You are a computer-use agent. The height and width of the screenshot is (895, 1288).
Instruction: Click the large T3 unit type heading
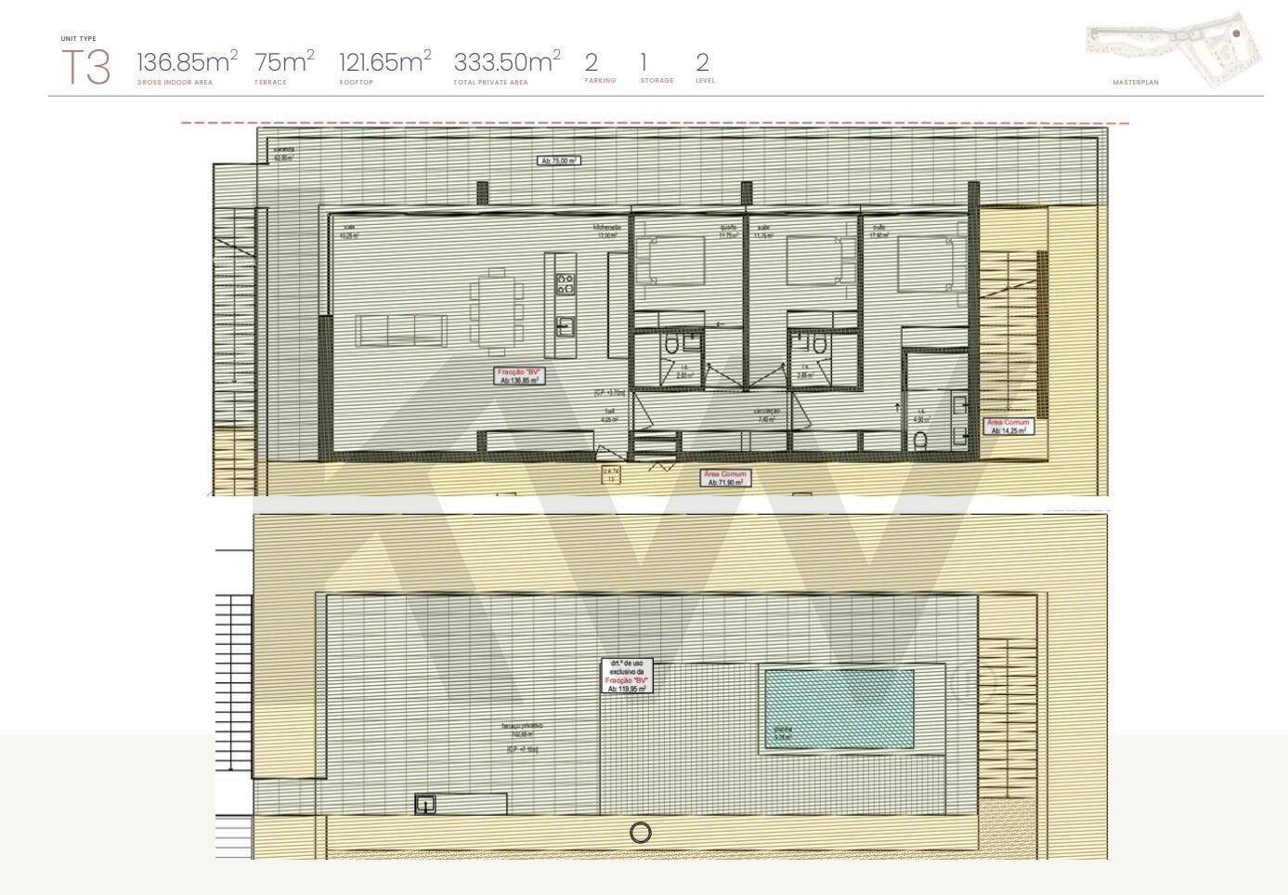click(x=85, y=68)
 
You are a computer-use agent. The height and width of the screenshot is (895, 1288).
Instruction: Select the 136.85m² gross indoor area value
click(x=186, y=62)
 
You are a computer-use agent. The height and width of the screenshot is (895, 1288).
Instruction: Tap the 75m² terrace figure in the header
click(x=284, y=62)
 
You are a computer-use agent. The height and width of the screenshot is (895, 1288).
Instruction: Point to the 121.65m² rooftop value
click(x=384, y=62)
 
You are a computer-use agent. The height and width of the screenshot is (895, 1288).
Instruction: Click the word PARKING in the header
click(x=600, y=81)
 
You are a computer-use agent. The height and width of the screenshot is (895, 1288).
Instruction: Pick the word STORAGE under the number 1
click(x=657, y=81)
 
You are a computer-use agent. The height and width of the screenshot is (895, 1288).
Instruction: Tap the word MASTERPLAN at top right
click(x=1136, y=83)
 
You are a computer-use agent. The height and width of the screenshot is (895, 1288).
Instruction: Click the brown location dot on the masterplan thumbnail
click(x=1236, y=33)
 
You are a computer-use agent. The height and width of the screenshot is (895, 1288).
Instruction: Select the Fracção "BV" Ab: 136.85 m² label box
click(x=519, y=375)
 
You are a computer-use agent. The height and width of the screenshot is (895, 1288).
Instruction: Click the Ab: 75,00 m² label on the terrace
click(x=559, y=161)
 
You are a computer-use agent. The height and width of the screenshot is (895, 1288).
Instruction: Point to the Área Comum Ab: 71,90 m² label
click(x=725, y=479)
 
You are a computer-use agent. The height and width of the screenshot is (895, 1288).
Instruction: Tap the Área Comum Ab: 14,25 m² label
click(x=1008, y=427)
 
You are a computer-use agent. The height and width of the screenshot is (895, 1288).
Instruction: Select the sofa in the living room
click(x=402, y=330)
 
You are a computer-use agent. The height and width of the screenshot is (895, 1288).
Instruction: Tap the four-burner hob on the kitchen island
click(x=566, y=283)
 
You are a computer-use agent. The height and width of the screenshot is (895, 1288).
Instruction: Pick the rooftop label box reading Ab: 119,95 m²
click(x=627, y=676)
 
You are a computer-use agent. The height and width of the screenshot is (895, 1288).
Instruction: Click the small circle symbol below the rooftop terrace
click(x=641, y=833)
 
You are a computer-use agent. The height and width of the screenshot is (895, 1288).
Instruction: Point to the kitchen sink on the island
click(x=565, y=325)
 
